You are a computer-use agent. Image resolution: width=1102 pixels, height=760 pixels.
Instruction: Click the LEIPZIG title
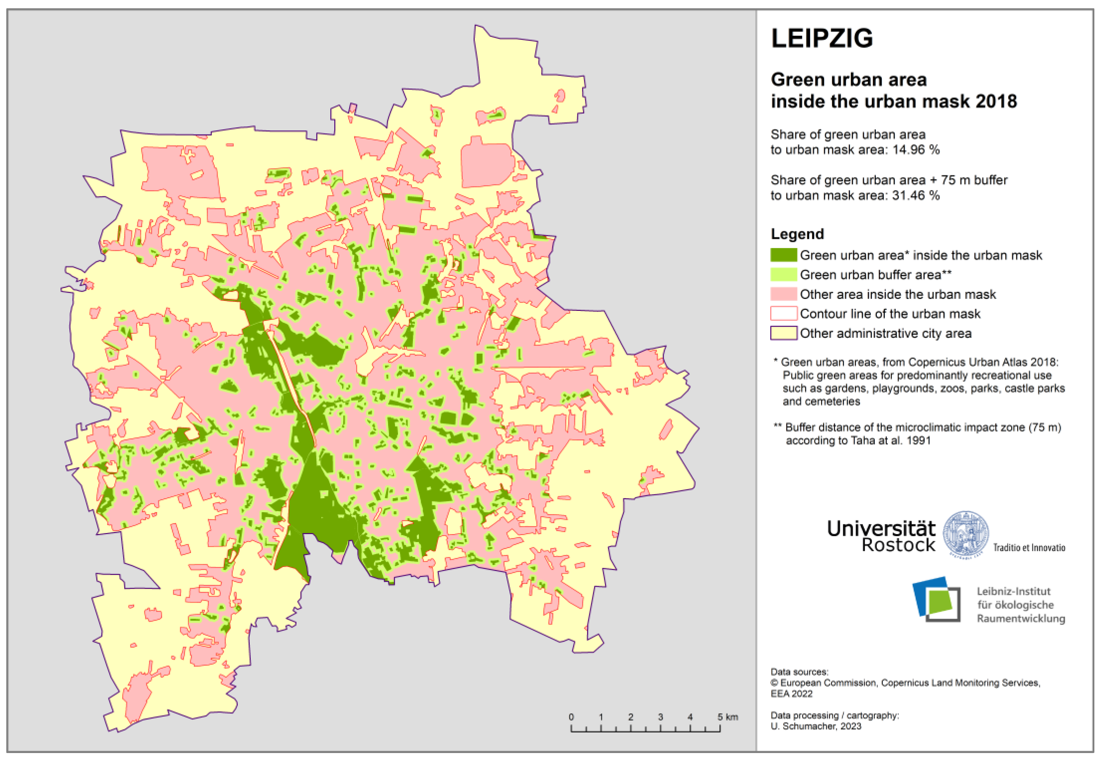[x=822, y=38]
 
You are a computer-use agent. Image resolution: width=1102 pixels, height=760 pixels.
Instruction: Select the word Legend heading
[x=797, y=234]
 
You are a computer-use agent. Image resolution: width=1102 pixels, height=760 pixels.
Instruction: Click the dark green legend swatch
[x=783, y=255]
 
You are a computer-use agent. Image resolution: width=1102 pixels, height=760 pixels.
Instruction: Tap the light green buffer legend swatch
[x=783, y=275]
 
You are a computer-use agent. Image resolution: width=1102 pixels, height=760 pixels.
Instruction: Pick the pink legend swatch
[x=783, y=294]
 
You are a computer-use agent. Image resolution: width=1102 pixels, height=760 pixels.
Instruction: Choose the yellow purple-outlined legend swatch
[x=783, y=333]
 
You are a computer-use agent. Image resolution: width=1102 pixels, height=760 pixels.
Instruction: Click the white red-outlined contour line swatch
[x=783, y=314]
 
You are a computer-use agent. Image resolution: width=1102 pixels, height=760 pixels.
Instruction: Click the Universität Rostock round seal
[x=965, y=534]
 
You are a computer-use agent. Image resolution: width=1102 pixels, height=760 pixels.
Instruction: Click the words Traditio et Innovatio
[x=1029, y=548]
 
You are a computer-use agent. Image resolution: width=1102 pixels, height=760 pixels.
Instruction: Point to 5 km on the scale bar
[x=727, y=717]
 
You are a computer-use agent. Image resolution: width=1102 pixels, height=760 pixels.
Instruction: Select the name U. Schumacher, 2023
[x=815, y=726]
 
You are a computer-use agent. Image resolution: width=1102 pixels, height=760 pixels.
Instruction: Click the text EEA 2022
[x=791, y=694]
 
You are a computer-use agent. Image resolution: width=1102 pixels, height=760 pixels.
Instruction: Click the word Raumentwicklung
[x=1021, y=619]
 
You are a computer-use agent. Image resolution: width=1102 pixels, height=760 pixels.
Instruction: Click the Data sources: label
[x=799, y=672]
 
